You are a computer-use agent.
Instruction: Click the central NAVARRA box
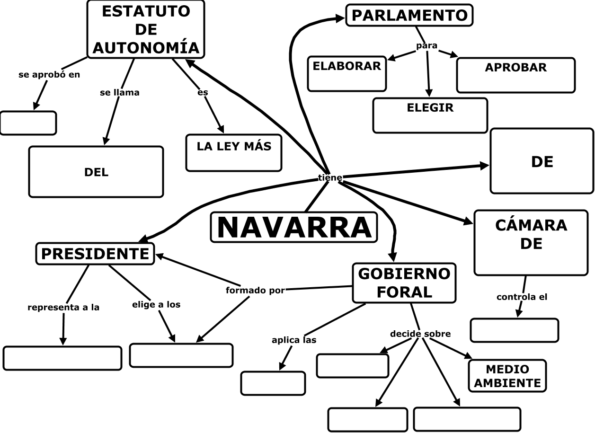click(x=294, y=227)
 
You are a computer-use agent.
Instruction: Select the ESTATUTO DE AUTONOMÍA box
click(x=146, y=29)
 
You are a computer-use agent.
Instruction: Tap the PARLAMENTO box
click(x=409, y=15)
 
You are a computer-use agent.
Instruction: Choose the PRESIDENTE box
click(x=95, y=254)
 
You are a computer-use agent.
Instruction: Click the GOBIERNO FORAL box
click(x=404, y=283)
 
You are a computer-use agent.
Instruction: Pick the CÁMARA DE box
click(x=531, y=243)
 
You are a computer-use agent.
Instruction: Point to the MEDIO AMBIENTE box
click(x=507, y=376)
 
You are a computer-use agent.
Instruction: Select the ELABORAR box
click(x=346, y=73)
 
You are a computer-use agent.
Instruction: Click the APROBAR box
click(x=515, y=75)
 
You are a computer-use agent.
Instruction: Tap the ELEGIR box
click(x=430, y=115)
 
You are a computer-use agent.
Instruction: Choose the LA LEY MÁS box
click(x=234, y=152)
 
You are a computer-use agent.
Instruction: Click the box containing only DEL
click(x=96, y=172)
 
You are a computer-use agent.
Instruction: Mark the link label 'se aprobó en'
click(x=49, y=75)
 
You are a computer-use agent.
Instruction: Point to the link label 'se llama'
click(x=120, y=93)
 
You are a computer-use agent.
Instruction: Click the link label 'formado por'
click(x=255, y=291)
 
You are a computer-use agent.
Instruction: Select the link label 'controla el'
click(x=522, y=297)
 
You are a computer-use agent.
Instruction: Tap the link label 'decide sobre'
click(x=420, y=334)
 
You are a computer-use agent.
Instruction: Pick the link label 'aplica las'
click(x=294, y=340)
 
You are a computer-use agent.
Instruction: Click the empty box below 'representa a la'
click(x=62, y=358)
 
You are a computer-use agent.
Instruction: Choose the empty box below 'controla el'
click(x=515, y=330)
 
